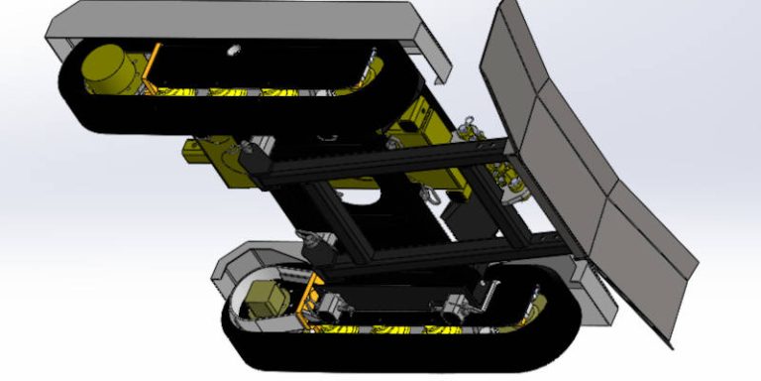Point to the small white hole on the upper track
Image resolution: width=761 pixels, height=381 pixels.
tap(234, 49)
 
